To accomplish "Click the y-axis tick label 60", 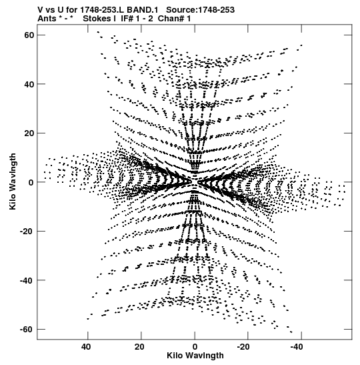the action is click(x=29, y=35).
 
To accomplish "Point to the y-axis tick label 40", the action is click(x=29, y=84).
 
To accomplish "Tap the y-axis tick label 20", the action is click(x=29, y=133).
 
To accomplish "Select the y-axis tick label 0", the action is click(x=31, y=182).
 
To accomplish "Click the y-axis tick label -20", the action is click(x=27, y=232).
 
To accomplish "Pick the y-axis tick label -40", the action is click(x=27, y=280).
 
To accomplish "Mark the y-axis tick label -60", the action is click(x=27, y=330).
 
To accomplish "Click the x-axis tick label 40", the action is click(x=86, y=347).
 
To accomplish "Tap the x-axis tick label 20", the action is click(x=139, y=347).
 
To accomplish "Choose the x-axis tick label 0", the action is click(x=195, y=347).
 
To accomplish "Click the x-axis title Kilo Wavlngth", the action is click(x=195, y=356).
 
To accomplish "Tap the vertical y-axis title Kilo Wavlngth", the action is click(x=13, y=181).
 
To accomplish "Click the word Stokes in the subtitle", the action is click(x=97, y=19).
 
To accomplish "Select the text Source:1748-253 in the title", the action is click(x=201, y=10).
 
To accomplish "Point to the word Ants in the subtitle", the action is click(x=47, y=19).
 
